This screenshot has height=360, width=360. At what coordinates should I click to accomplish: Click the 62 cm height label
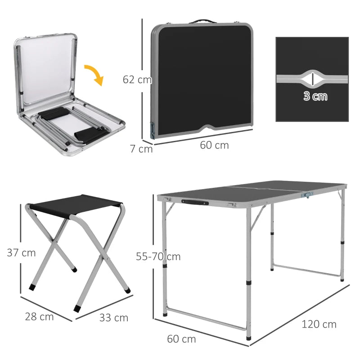click(137, 80)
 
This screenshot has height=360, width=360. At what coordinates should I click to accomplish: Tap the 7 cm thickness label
click(141, 148)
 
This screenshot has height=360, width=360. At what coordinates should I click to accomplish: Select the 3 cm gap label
click(315, 96)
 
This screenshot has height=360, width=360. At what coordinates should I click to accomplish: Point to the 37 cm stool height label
click(21, 253)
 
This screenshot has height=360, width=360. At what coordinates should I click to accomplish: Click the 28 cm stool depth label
click(39, 317)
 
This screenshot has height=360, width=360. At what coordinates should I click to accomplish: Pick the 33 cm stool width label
click(113, 318)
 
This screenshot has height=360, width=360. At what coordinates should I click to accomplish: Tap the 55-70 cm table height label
click(158, 256)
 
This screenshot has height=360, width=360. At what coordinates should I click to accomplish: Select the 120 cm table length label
click(319, 324)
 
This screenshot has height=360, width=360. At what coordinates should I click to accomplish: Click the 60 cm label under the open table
click(181, 339)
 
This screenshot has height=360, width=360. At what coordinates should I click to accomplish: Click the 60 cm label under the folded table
click(214, 145)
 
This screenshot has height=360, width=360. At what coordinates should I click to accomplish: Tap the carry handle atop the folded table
click(201, 21)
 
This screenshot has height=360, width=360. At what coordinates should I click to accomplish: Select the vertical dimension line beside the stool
click(20, 250)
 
